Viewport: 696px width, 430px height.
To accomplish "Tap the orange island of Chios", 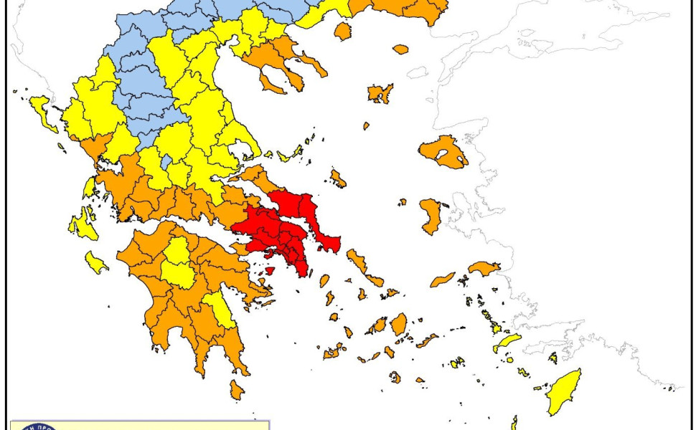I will (431, 216).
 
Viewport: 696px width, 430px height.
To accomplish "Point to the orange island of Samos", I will (484, 268).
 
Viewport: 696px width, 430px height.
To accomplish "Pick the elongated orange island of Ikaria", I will (443, 279).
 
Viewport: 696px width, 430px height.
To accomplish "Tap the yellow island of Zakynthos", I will (95, 262).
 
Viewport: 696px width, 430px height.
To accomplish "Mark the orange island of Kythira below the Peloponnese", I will (237, 390).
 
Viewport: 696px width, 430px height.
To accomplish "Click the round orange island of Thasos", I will (343, 31).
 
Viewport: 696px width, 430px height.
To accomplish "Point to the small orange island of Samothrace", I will (400, 49).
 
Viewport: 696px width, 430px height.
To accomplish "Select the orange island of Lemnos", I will (380, 93).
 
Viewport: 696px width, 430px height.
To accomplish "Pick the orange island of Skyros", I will (337, 178).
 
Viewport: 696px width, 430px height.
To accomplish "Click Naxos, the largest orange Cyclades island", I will (398, 324).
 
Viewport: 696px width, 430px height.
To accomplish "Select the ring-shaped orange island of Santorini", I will (395, 376).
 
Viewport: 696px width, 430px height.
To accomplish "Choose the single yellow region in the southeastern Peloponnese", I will (220, 310).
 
